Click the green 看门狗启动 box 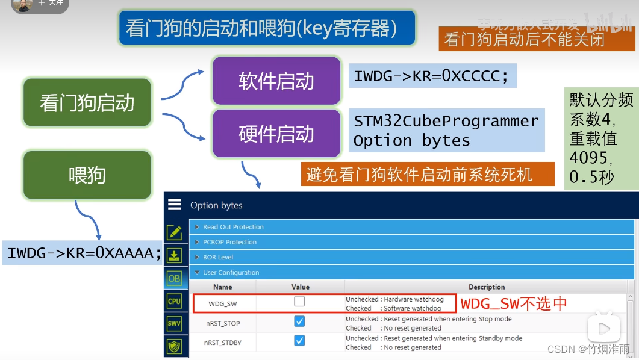pyautogui.click(x=87, y=102)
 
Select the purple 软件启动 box pyautogui.click(x=276, y=81)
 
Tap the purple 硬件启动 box pyautogui.click(x=276, y=133)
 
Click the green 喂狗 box pyautogui.click(x=87, y=175)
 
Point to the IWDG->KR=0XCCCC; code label pyautogui.click(x=431, y=76)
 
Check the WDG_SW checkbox pyautogui.click(x=299, y=302)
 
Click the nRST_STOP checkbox pyautogui.click(x=299, y=321)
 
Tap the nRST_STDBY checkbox pyautogui.click(x=299, y=341)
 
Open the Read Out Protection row pyautogui.click(x=233, y=227)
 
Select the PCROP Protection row pyautogui.click(x=229, y=242)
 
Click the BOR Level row pyautogui.click(x=217, y=257)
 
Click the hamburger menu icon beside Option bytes pyautogui.click(x=175, y=205)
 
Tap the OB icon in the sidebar pyautogui.click(x=174, y=278)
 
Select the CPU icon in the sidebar pyautogui.click(x=174, y=301)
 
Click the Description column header pyautogui.click(x=487, y=287)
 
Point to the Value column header pyautogui.click(x=301, y=287)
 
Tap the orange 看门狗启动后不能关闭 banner pyautogui.click(x=524, y=40)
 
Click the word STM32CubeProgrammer pyautogui.click(x=446, y=121)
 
